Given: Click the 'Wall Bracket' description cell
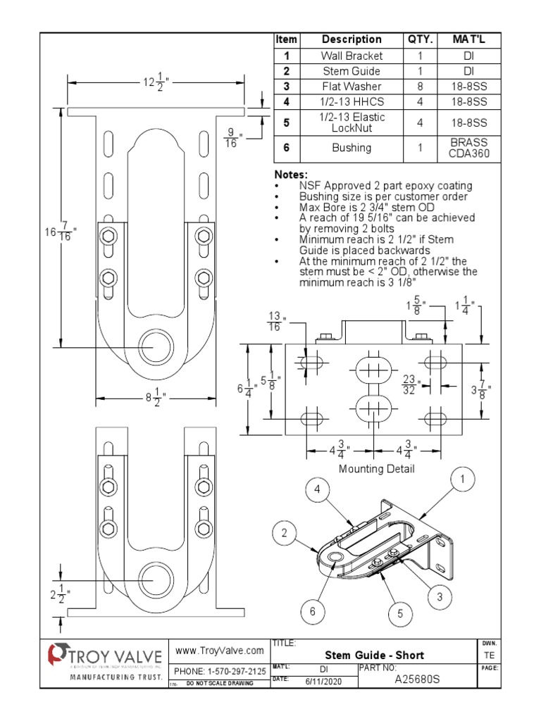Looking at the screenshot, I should (352, 55).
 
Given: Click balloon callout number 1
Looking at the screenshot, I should (463, 481).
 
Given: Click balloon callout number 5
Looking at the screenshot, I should (399, 613).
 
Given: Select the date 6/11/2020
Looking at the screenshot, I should (323, 681).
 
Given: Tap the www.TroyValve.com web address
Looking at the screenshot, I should (219, 650).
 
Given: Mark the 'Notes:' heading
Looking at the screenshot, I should (290, 174).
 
